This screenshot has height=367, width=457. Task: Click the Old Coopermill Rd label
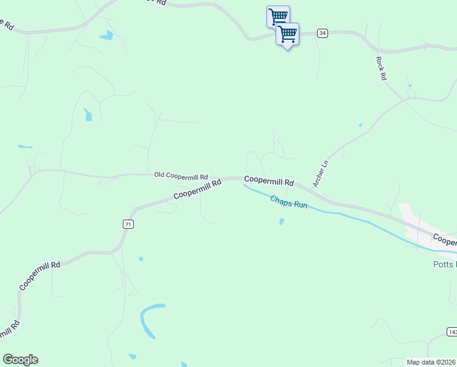[x=181, y=176]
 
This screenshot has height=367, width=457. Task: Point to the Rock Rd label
[x=381, y=69]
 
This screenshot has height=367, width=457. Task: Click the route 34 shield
[x=323, y=33]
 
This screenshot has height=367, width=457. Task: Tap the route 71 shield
[x=127, y=224]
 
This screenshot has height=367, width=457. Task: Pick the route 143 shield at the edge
[x=452, y=332]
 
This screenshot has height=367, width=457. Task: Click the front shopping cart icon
[x=287, y=34]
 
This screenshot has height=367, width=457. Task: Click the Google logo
[x=20, y=360]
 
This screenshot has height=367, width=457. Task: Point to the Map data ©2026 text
[x=431, y=362]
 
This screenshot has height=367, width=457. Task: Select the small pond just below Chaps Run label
[x=281, y=221]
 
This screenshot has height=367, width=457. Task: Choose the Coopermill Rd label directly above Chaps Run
[x=269, y=182]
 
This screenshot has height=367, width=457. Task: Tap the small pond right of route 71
[x=141, y=259]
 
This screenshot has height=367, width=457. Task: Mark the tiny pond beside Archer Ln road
[x=360, y=125]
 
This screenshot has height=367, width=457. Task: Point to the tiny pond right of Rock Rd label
[x=409, y=86]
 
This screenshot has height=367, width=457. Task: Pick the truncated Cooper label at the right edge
[x=445, y=239]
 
